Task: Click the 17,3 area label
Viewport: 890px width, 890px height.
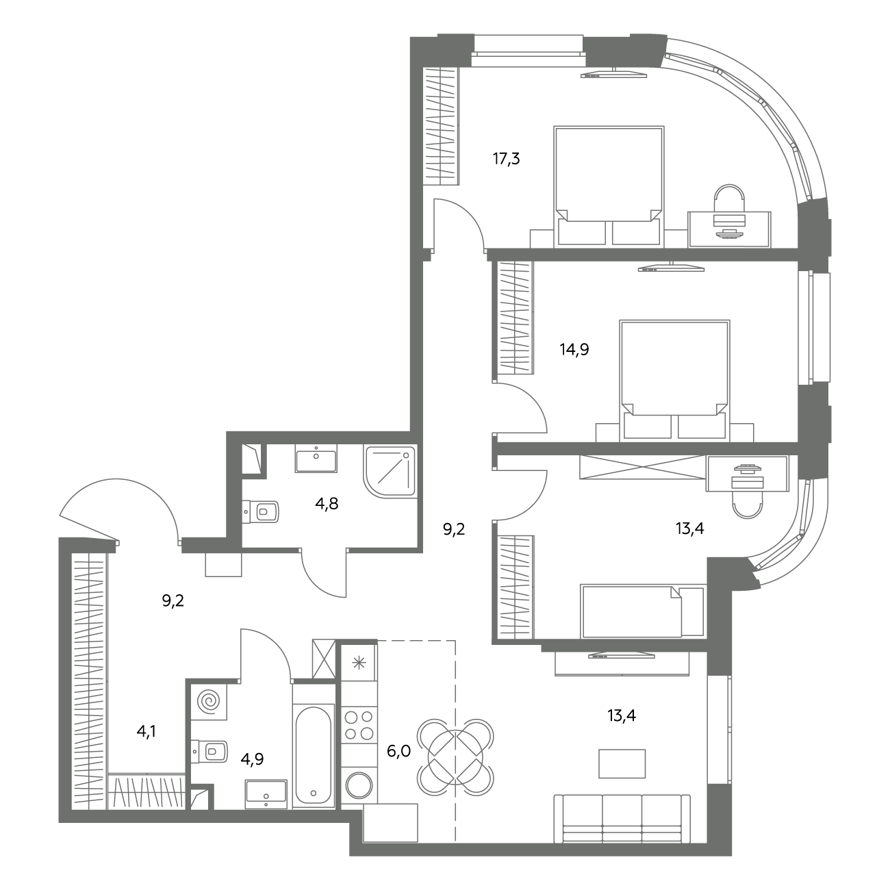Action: click(506, 160)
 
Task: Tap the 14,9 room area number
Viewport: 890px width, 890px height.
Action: click(574, 350)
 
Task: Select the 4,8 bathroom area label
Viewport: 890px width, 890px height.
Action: click(327, 503)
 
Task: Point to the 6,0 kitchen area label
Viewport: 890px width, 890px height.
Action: click(398, 752)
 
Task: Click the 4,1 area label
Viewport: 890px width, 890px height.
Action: click(146, 732)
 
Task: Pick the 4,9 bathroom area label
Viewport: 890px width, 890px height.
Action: click(252, 759)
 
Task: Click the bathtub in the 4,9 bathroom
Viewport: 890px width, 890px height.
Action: click(314, 755)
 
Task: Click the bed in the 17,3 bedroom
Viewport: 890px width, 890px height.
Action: click(609, 186)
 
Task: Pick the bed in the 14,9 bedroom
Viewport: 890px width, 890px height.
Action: click(675, 380)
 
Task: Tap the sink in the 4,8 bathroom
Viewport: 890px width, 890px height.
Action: click(316, 458)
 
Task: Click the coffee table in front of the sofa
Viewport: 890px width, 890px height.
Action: click(622, 763)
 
